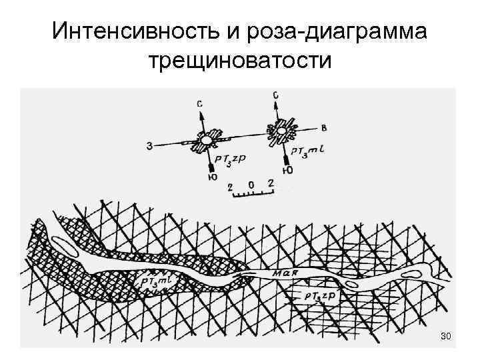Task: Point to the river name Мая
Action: tap(285, 273)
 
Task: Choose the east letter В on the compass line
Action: tap(324, 127)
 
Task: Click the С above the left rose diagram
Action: tap(200, 103)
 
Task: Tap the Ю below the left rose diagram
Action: tap(212, 177)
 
